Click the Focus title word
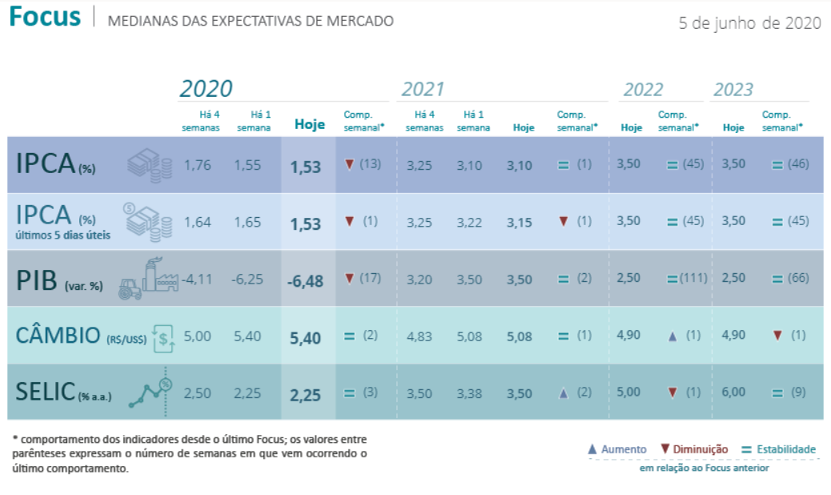tap(45, 18)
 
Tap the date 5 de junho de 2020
tap(749, 22)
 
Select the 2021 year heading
tap(423, 89)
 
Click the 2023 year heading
tap(733, 89)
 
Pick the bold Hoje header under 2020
tap(310, 124)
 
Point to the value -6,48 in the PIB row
tap(305, 280)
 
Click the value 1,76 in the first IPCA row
tap(197, 165)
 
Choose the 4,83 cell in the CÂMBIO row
tap(420, 336)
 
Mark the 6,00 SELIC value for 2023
tap(733, 392)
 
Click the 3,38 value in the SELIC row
tap(470, 392)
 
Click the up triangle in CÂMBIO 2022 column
tap(672, 336)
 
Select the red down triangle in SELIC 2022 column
tap(672, 392)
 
